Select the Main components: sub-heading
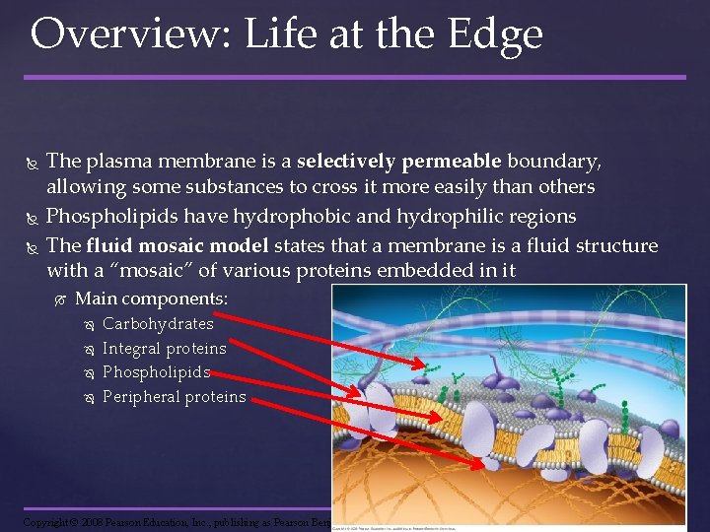(151, 299)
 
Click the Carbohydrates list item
(158, 323)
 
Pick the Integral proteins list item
(164, 348)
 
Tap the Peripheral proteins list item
(174, 397)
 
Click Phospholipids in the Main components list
(157, 372)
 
